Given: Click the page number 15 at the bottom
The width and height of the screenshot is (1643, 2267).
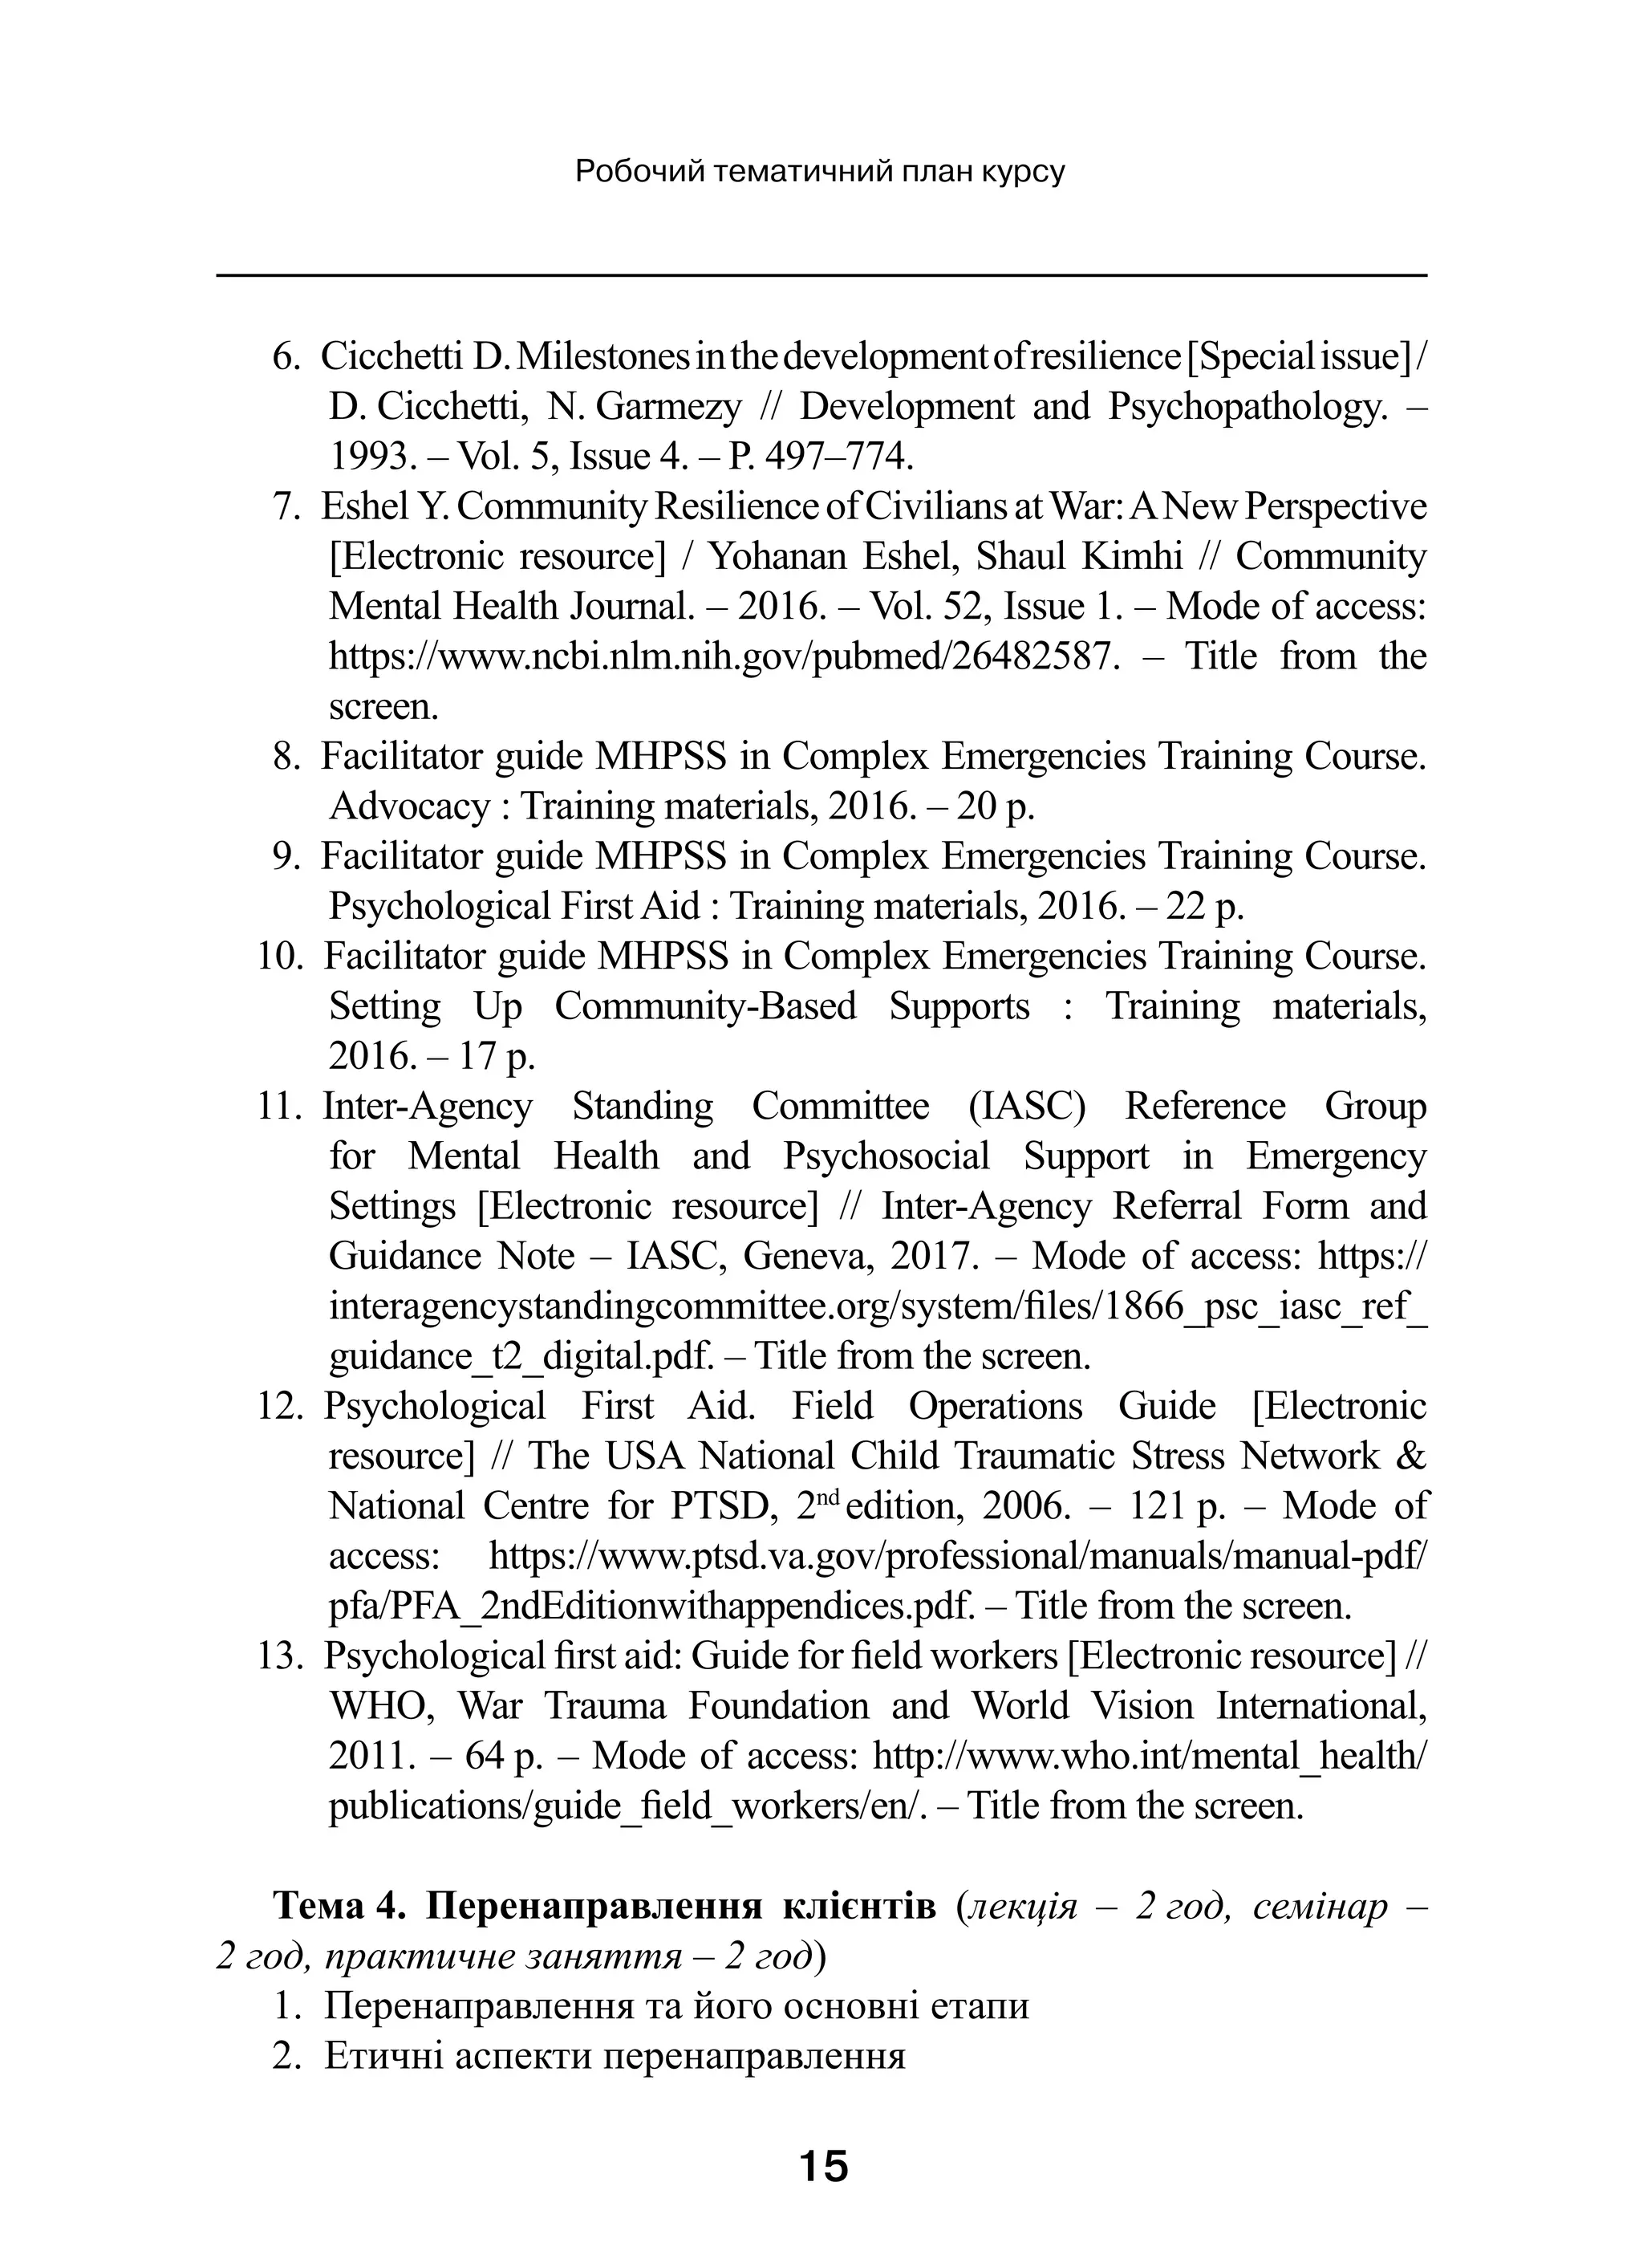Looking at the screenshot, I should (822, 2167).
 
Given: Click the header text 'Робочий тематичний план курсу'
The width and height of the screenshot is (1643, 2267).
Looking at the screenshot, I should (821, 173).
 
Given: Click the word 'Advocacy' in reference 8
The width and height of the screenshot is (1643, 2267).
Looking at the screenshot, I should (409, 806).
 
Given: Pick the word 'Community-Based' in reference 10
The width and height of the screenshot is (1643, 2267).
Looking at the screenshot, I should (705, 1006).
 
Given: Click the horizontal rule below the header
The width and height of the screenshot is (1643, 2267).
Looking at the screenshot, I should (821, 275).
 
